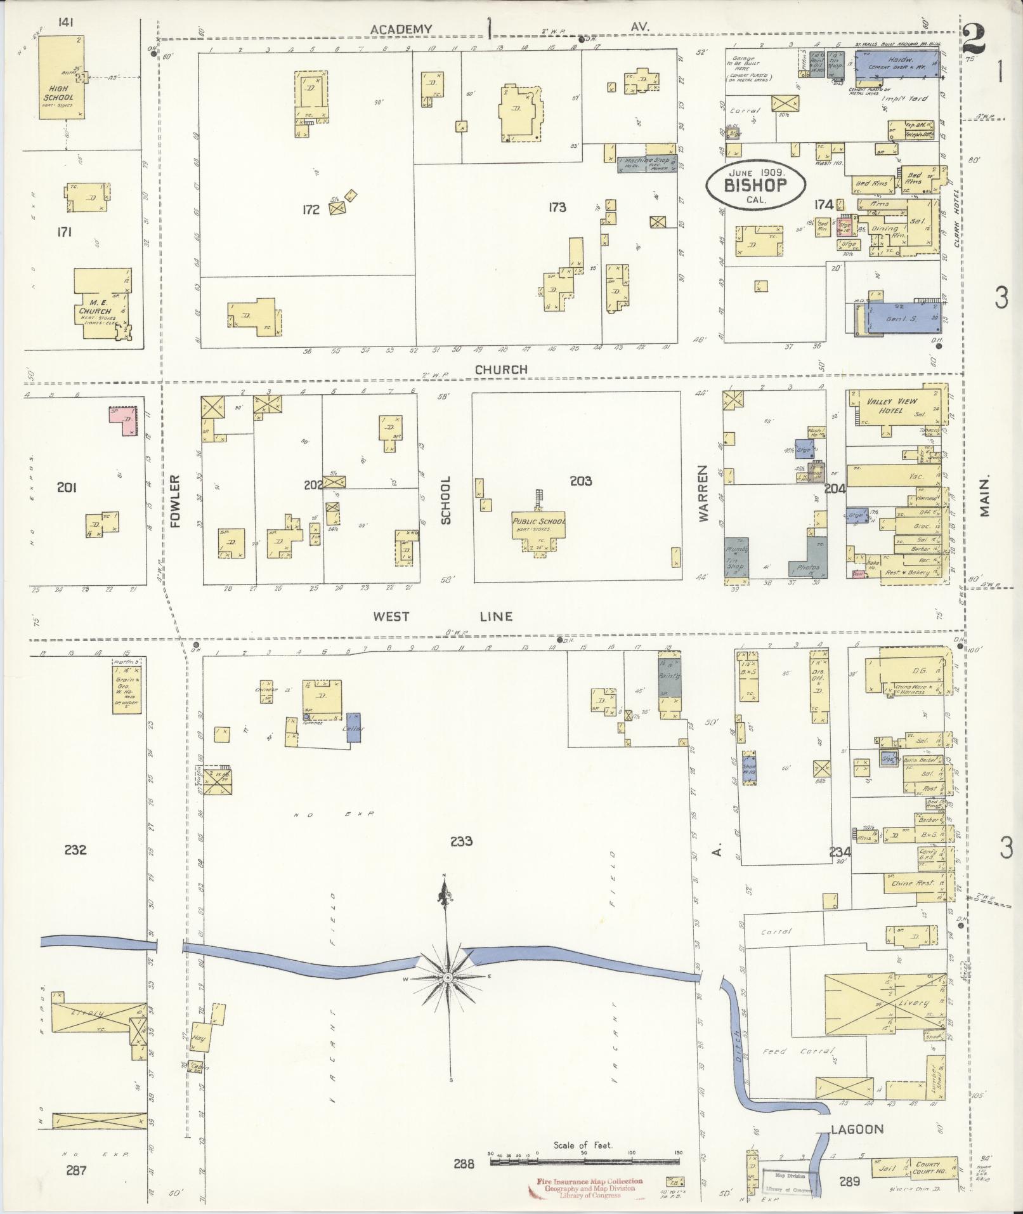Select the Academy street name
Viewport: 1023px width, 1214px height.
(x=401, y=29)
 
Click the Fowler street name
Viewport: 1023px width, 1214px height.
(x=176, y=501)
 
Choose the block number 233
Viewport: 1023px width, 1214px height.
(x=461, y=841)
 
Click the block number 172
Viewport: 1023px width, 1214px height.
(x=311, y=209)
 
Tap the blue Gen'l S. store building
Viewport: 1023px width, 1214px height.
(x=901, y=317)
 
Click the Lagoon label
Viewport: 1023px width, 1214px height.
(x=857, y=1129)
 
